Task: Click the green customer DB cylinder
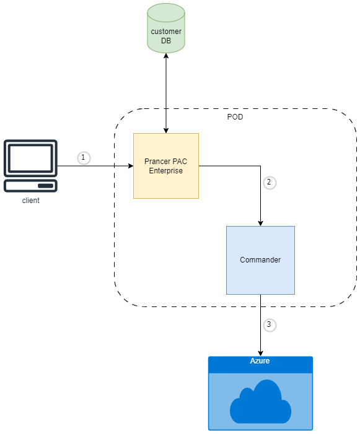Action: click(166, 28)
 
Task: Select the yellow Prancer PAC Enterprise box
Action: click(166, 166)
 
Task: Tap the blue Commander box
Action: click(260, 260)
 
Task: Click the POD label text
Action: click(235, 117)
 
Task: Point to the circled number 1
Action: click(84, 158)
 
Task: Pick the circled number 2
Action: click(269, 183)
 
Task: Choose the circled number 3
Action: click(269, 324)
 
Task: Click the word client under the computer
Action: click(31, 201)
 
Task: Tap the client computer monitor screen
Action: click(30, 158)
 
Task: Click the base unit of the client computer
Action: click(30, 186)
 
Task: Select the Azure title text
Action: click(260, 361)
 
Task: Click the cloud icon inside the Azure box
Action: click(260, 402)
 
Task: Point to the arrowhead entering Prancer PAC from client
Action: click(131, 166)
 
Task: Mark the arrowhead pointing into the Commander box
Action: click(260, 224)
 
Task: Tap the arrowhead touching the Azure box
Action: click(260, 354)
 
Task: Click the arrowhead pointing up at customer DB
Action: click(166, 56)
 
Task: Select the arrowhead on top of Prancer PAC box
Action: click(166, 131)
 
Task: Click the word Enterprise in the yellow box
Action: click(166, 170)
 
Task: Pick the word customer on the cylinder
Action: click(166, 32)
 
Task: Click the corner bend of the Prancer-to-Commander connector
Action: click(260, 166)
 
